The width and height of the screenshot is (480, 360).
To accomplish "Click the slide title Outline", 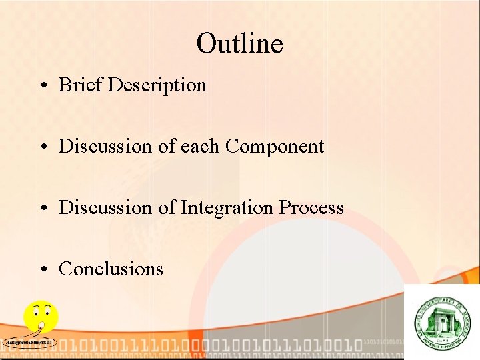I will tap(239, 44).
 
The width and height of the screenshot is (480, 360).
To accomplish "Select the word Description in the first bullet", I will tap(157, 85).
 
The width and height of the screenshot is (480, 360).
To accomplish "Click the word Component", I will tap(275, 147).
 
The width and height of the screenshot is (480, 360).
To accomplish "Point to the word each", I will tap(201, 146).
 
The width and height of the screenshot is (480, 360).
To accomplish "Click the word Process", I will tap(311, 207).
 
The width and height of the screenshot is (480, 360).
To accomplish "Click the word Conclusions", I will tap(111, 269).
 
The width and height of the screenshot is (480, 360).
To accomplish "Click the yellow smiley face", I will tap(41, 317).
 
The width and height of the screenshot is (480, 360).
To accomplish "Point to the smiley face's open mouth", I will tap(41, 326).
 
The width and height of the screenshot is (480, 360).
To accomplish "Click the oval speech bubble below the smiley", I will tap(29, 343).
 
